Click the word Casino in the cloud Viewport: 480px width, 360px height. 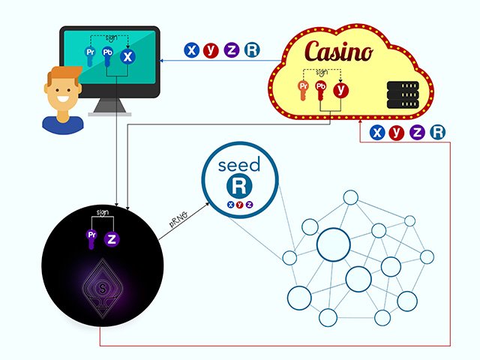[x=337, y=52]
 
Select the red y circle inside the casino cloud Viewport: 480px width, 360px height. [x=342, y=90]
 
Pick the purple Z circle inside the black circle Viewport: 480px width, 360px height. [x=112, y=239]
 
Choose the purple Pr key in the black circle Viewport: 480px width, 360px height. [x=92, y=238]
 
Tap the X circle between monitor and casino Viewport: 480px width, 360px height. [x=192, y=50]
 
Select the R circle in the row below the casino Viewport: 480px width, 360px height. [x=438, y=133]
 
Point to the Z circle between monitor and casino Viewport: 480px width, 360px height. [x=232, y=50]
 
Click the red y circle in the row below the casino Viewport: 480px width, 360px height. [x=397, y=133]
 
